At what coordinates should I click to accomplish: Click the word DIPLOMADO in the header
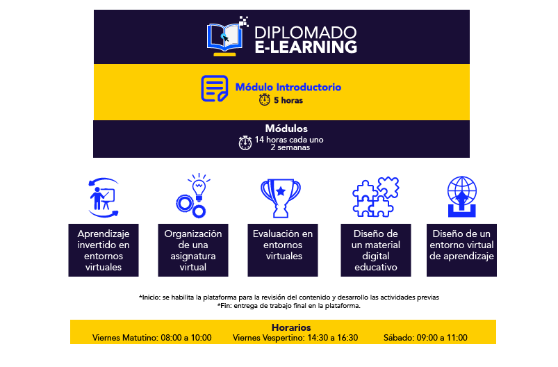(305, 33)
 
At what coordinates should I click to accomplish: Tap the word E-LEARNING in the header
(306, 47)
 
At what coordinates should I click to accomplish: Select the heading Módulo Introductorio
(288, 87)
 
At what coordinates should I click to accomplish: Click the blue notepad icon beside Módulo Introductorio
(215, 88)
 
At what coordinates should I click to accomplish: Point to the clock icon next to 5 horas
(265, 99)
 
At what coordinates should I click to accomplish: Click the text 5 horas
(288, 100)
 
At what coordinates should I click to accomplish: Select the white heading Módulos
(286, 129)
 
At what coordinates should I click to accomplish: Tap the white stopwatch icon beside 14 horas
(245, 142)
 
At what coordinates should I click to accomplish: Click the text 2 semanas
(290, 147)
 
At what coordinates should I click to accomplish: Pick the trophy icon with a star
(281, 198)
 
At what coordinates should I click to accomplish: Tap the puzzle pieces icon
(376, 197)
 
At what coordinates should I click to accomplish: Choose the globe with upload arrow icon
(462, 197)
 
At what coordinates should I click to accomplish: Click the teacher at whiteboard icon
(104, 197)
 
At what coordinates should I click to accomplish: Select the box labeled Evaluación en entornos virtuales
(283, 250)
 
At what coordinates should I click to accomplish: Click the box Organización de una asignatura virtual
(193, 250)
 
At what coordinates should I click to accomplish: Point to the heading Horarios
(291, 327)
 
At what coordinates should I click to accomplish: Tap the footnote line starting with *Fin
(288, 306)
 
